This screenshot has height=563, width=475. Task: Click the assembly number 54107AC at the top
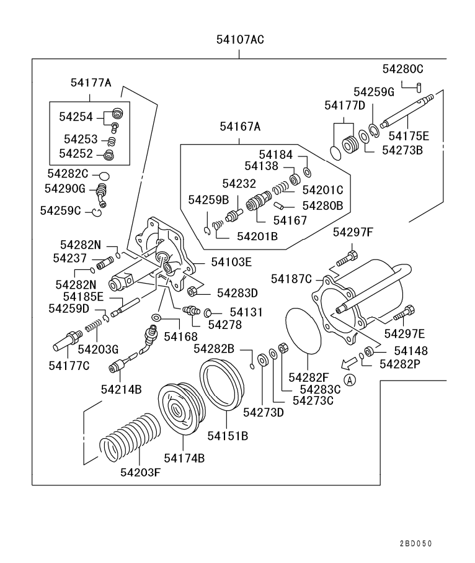(240, 40)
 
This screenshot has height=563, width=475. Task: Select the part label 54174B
(184, 458)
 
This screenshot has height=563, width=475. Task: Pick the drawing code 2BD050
(415, 543)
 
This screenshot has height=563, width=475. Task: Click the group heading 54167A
(239, 127)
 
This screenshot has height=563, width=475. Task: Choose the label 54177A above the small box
(91, 83)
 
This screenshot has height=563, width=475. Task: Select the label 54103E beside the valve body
(231, 262)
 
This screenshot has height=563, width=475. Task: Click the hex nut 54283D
(193, 291)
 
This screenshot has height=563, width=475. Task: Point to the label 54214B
(121, 389)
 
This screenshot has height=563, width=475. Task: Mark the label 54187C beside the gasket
(291, 279)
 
